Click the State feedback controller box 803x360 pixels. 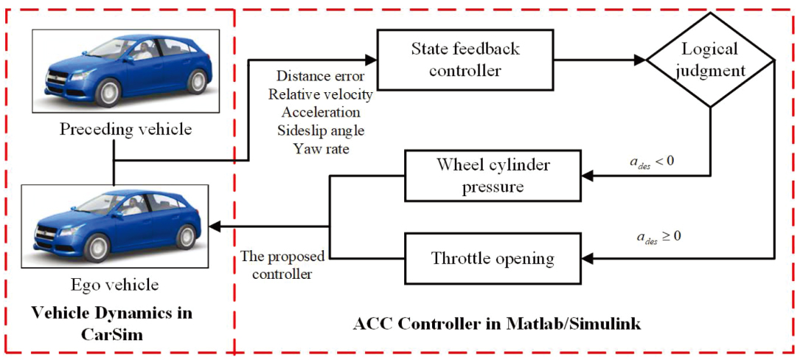465,60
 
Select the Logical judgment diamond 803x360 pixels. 711,60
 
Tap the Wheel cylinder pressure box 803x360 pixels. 493,176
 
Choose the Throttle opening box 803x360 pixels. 493,259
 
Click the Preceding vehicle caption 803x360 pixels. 125,128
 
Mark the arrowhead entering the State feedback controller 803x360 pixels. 371,60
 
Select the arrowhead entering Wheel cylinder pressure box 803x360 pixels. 588,176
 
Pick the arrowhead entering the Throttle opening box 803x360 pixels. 588,259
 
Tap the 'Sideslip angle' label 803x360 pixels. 321,131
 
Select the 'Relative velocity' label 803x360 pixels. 321,94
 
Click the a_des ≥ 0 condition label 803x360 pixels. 657,238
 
